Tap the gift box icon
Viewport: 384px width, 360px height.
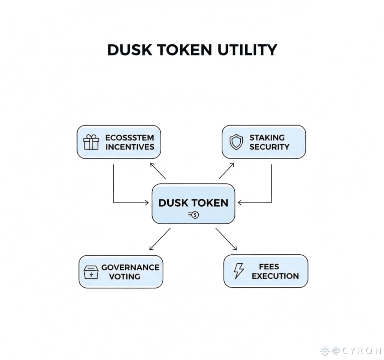91,142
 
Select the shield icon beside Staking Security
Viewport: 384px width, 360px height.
236,142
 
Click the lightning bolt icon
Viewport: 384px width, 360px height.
238,271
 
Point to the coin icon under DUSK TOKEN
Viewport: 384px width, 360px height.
193,215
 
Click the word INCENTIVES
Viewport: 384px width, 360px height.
130,147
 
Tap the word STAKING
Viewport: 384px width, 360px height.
267,137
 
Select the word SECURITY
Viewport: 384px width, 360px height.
269,147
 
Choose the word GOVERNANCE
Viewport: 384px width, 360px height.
130,267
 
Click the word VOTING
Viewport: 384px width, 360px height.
124,277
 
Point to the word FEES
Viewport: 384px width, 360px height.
269,267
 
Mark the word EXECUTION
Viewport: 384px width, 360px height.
275,276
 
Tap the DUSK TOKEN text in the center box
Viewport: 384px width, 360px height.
193,203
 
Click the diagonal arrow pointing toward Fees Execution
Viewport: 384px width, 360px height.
226,239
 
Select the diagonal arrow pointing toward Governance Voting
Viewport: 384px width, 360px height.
160,239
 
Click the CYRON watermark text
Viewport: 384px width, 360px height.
356,351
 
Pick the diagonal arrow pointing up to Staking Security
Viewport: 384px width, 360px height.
226,171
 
